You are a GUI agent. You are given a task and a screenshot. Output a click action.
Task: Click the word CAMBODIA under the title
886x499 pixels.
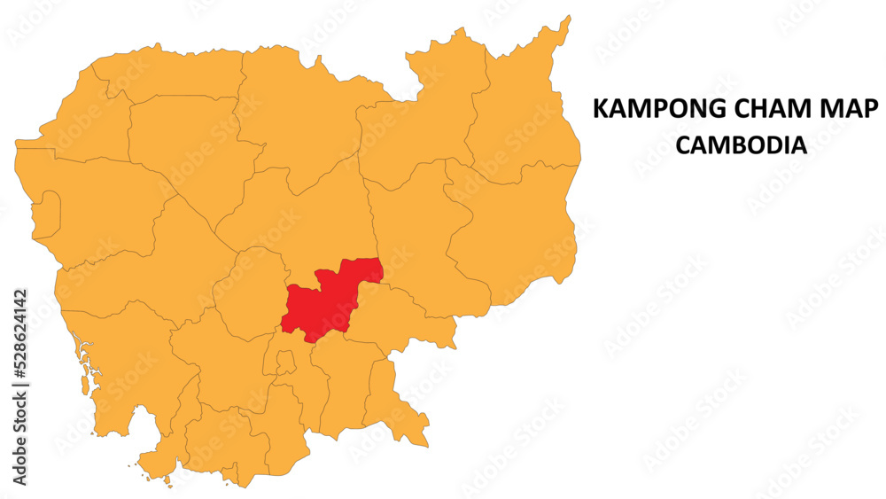(741, 144)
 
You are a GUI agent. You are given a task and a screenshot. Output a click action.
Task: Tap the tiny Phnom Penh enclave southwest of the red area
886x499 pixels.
(284, 362)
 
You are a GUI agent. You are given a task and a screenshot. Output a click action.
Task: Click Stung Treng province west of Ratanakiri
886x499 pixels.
(416, 142)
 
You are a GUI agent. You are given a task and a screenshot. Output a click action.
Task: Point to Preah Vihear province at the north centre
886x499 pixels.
(301, 115)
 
